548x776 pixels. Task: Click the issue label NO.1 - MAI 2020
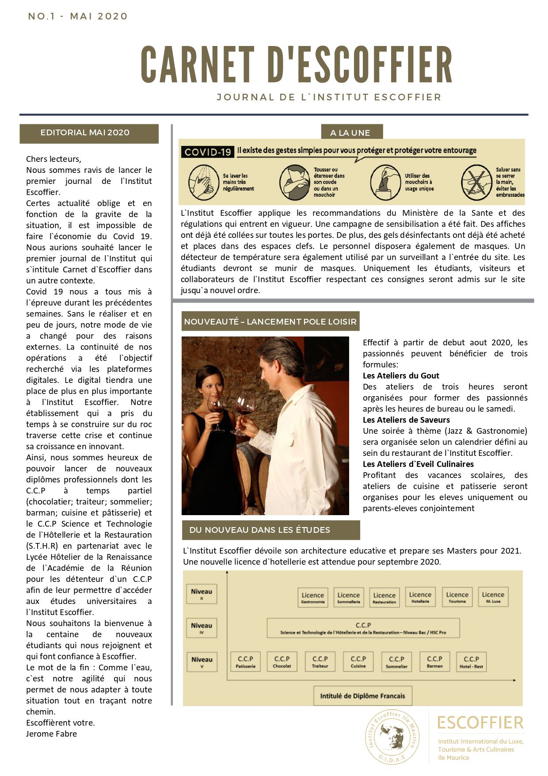coord(78,16)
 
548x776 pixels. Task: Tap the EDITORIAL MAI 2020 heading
coord(85,133)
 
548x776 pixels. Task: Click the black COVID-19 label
coord(208,152)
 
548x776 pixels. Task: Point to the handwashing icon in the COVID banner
coord(203,182)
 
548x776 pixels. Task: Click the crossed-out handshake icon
coord(476,182)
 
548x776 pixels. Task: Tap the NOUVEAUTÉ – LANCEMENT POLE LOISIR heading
coord(270,321)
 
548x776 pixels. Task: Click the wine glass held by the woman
coord(217,409)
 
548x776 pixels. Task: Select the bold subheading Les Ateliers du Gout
coord(401,376)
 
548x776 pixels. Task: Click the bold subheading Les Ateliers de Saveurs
coord(406,420)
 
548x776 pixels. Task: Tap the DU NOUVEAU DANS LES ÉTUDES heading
coord(260,530)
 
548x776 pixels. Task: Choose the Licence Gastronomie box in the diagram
coord(312,597)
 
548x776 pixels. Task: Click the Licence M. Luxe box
coord(493,597)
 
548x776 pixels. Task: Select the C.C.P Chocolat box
coord(282,661)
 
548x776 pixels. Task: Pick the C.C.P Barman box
coord(434,661)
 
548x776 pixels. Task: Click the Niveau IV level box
coord(202,628)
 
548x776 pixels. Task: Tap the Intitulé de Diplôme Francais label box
coord(362,696)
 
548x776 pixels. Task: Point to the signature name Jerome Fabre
coord(51,734)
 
